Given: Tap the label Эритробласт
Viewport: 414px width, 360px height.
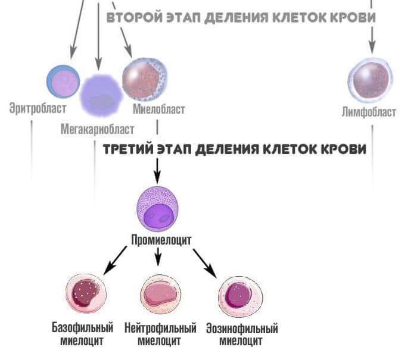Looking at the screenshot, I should pos(38,109).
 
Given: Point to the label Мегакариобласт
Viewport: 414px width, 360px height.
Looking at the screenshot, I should pos(97,129).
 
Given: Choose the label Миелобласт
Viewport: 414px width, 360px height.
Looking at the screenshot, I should pos(159,109).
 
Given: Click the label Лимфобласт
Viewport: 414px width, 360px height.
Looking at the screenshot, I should pos(369,112).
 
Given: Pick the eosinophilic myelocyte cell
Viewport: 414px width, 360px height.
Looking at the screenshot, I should pos(239,296).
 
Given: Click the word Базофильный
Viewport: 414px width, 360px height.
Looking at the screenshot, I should pos(82,328).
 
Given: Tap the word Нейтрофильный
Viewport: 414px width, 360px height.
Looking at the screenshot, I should pos(160,328).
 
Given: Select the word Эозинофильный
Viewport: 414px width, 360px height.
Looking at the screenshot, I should pos(241,328).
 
